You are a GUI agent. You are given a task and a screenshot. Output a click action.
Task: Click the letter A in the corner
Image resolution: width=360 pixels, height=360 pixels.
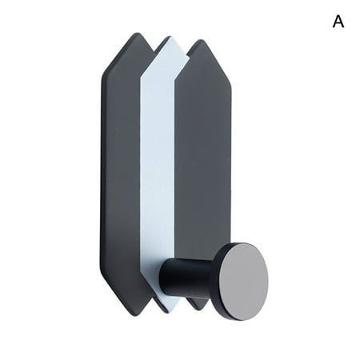[x=338, y=22]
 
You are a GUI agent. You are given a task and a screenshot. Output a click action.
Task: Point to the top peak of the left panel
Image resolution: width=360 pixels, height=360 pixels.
[x=131, y=34]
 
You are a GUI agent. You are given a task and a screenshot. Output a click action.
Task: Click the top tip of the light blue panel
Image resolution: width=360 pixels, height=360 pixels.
[x=165, y=37]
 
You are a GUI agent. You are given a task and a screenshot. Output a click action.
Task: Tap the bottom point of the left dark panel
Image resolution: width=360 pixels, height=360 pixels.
[x=132, y=314]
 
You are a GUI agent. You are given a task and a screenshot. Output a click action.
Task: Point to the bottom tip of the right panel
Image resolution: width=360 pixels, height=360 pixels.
[x=197, y=309]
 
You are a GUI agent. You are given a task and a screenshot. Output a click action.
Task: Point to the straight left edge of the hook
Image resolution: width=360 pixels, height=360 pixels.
[x=102, y=176]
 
